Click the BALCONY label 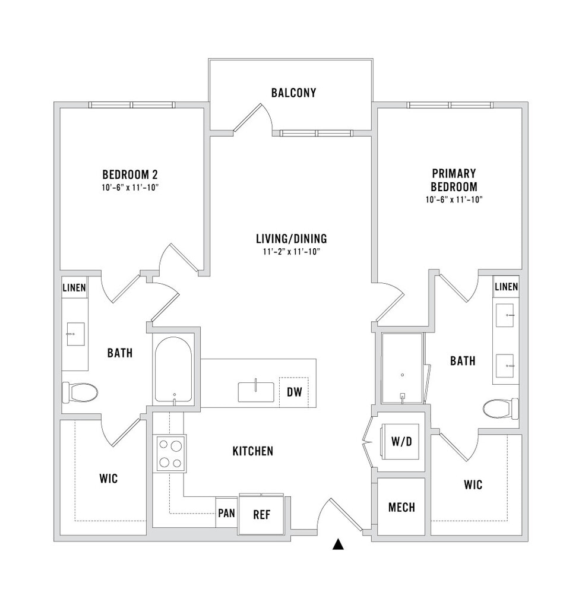click(293, 93)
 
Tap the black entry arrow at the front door click(339, 544)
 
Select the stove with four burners click(169, 453)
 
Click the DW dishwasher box click(294, 392)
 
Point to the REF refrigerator click(262, 515)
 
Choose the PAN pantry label click(226, 513)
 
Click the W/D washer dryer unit click(401, 441)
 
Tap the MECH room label click(401, 507)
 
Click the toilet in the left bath click(80, 393)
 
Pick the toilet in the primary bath click(501, 408)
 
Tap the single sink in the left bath click(75, 334)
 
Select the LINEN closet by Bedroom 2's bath click(74, 288)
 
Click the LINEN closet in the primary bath click(506, 287)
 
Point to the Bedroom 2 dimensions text click(130, 188)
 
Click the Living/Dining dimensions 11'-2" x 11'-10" click(291, 252)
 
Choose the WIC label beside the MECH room click(473, 484)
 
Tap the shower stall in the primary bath click(403, 368)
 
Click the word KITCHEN click(253, 451)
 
